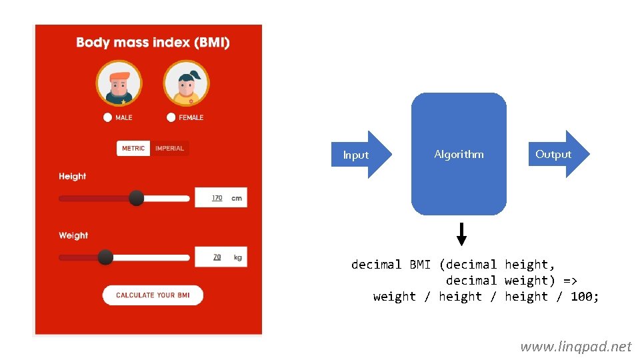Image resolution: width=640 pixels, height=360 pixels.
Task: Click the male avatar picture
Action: (x=119, y=83)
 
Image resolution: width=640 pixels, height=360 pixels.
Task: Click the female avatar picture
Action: (x=186, y=83)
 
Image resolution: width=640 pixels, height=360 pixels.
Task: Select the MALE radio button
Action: (x=107, y=117)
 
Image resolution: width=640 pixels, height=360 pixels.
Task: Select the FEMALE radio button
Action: (x=171, y=117)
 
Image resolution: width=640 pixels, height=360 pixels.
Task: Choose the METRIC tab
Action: (x=133, y=148)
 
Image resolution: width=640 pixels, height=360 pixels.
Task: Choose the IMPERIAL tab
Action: (x=169, y=148)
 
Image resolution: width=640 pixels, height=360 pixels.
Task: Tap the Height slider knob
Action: (x=136, y=198)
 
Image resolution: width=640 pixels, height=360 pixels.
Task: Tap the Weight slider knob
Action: (x=105, y=257)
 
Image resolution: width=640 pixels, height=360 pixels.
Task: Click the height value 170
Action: (x=217, y=198)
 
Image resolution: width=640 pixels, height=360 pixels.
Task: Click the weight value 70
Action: (x=217, y=257)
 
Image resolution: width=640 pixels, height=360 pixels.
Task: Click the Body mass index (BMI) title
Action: (x=153, y=43)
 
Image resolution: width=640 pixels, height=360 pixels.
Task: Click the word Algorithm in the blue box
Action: (x=459, y=154)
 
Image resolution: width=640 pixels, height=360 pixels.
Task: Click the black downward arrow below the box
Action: (x=461, y=234)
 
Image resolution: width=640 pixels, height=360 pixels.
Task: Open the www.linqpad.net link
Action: (x=575, y=346)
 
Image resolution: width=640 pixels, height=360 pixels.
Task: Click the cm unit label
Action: (x=237, y=198)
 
